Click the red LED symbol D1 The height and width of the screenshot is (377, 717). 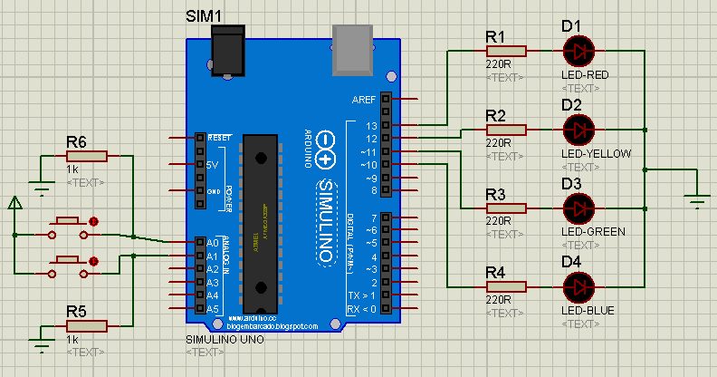[x=576, y=51]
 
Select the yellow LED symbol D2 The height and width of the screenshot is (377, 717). [x=576, y=130]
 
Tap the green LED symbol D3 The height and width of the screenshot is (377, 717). [x=576, y=208]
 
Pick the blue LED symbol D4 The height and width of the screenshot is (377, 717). [x=576, y=287]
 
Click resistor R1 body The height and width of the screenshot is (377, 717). [x=505, y=51]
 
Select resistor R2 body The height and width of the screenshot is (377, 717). [x=505, y=130]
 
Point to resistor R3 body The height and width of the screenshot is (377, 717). [x=505, y=208]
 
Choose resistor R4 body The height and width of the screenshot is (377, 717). [x=505, y=287]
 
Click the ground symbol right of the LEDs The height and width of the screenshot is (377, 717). [x=695, y=201]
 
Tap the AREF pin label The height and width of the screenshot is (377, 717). [x=366, y=99]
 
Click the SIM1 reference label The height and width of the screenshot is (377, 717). [x=205, y=15]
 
